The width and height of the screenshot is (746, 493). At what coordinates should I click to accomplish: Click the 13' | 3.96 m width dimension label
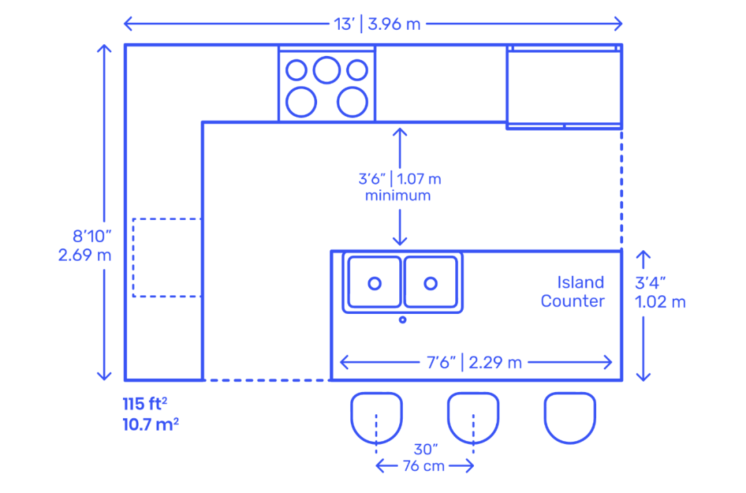click(377, 24)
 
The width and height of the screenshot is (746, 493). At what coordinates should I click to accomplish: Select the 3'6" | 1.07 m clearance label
click(399, 179)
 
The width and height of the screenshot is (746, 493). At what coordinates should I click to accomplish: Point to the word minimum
click(398, 196)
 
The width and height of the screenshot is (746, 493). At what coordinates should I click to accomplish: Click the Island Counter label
click(573, 292)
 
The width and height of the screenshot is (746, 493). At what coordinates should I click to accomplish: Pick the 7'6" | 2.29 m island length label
click(476, 362)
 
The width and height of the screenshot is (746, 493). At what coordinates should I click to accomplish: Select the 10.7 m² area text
click(151, 424)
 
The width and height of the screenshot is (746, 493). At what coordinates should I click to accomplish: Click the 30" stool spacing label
click(424, 449)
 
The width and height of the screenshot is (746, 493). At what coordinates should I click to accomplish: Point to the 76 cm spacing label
click(424, 466)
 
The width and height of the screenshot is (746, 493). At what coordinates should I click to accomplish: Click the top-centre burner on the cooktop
click(326, 69)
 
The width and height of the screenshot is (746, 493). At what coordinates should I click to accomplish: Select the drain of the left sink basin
click(374, 283)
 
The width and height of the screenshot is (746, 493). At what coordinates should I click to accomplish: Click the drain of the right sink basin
click(431, 283)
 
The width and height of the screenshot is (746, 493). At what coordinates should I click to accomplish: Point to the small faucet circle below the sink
click(403, 319)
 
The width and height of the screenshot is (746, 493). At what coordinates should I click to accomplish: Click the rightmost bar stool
click(570, 417)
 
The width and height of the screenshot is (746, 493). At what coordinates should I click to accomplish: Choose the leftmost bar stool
click(376, 417)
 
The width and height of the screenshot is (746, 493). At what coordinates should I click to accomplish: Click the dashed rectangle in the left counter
click(166, 257)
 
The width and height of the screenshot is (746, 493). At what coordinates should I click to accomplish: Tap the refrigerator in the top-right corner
click(564, 86)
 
